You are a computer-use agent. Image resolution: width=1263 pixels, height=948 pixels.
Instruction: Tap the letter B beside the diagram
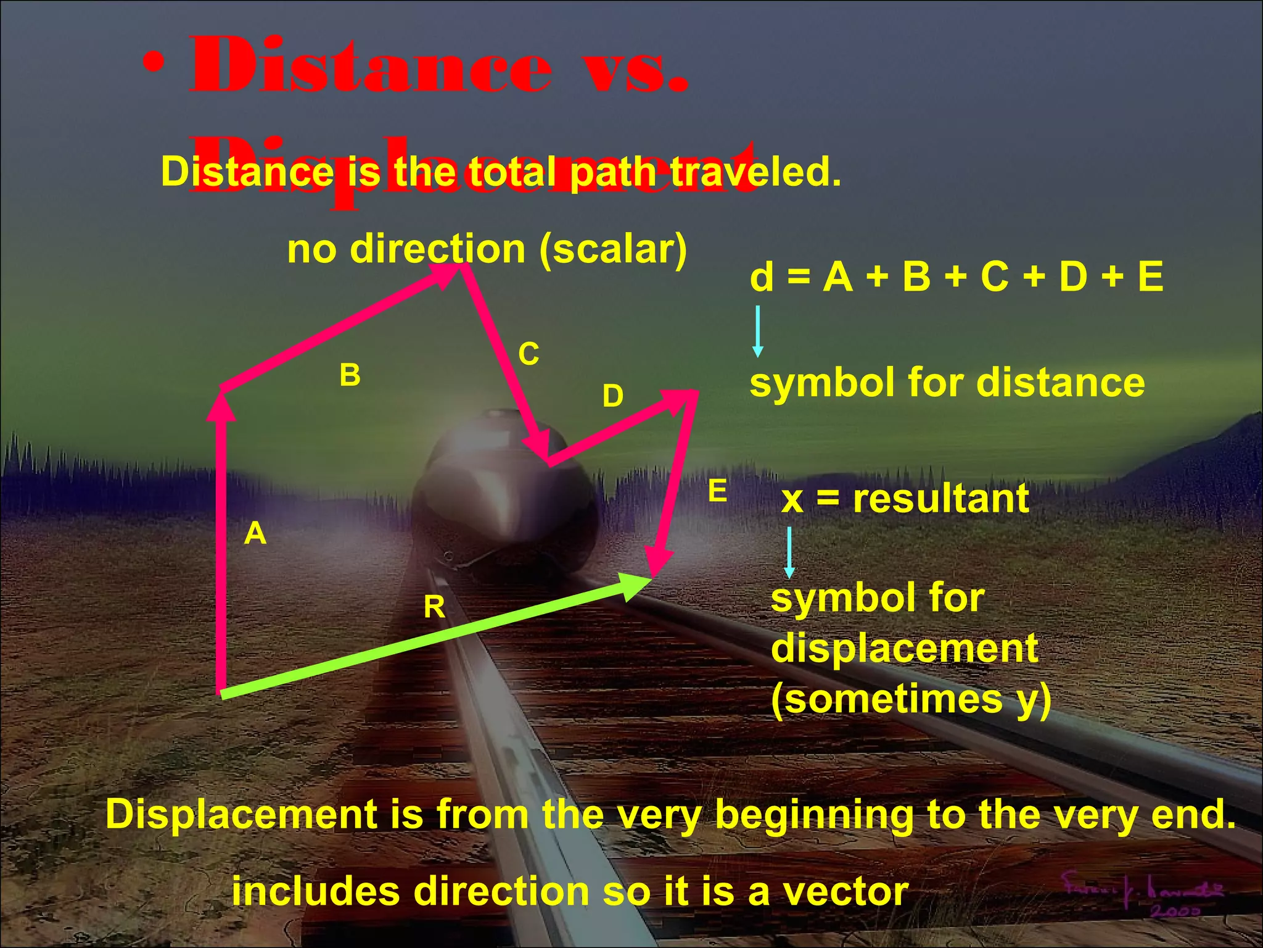[350, 375]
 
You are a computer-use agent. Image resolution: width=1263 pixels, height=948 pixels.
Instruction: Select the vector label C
[529, 354]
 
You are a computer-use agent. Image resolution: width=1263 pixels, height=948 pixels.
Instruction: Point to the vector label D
[612, 396]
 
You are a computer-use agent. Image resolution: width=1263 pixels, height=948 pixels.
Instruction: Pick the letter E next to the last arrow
[717, 492]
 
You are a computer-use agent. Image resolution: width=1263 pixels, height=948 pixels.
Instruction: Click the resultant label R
[434, 608]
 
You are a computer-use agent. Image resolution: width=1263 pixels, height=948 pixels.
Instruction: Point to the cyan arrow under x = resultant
[789, 552]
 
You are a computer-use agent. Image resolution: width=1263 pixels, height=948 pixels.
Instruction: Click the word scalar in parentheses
[613, 249]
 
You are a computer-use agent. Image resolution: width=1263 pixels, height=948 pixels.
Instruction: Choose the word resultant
[941, 499]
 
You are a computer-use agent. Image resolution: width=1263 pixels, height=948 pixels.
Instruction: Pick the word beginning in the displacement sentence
[814, 815]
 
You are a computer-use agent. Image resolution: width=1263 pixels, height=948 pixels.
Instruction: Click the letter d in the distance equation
[762, 276]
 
